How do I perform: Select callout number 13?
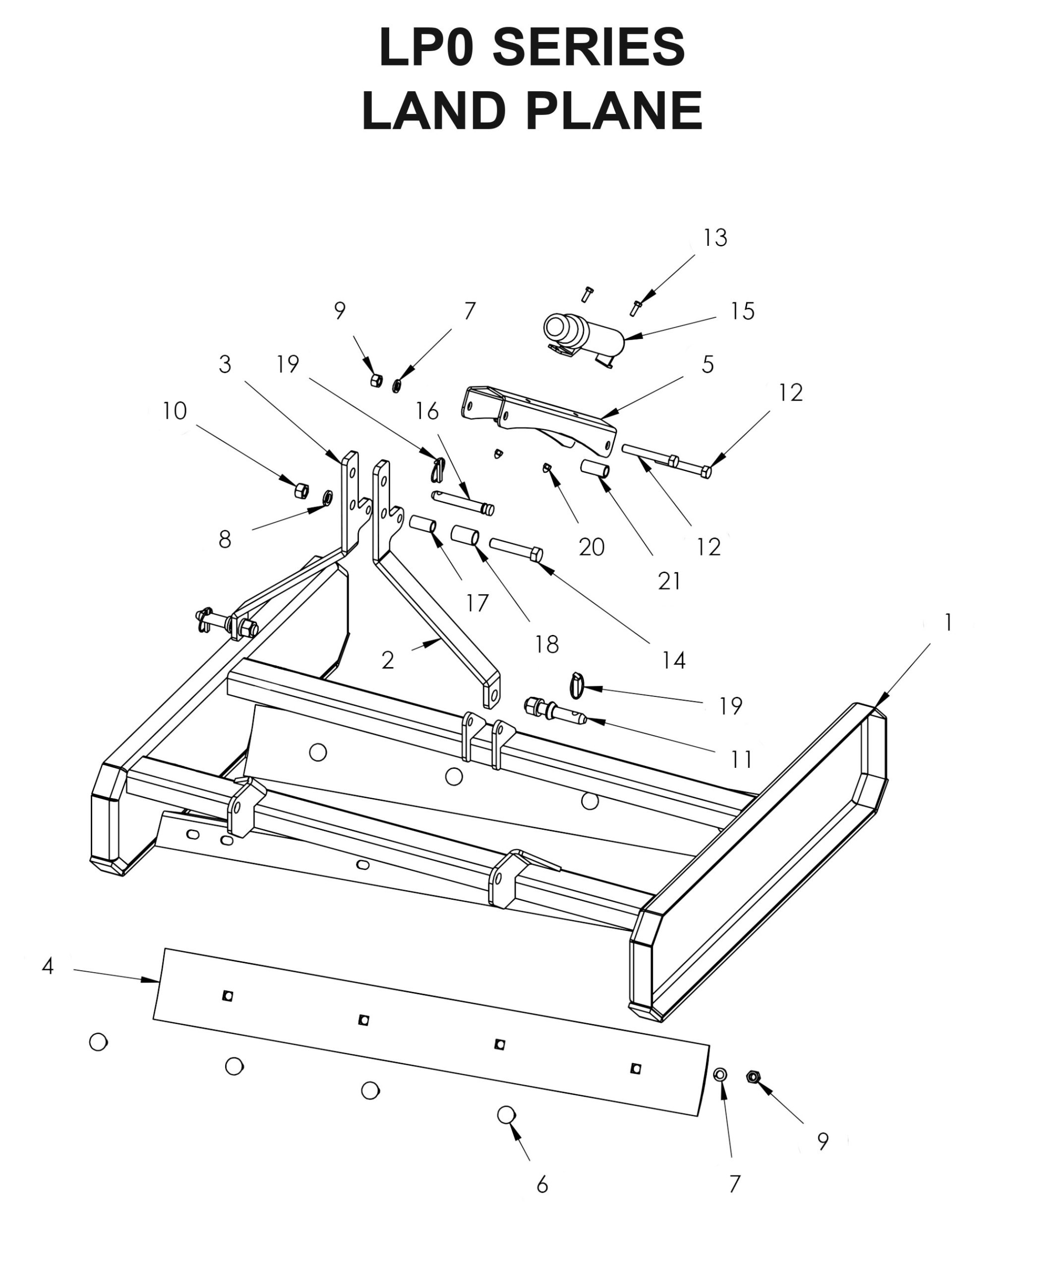point(714,238)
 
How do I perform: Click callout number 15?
point(742,311)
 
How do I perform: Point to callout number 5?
point(708,364)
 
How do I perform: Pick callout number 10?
point(174,411)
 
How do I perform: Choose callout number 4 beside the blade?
point(48,967)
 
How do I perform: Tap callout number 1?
point(948,623)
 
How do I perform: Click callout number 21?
point(669,581)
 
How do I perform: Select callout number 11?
point(741,759)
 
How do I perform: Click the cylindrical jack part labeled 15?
point(584,337)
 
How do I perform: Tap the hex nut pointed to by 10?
point(301,490)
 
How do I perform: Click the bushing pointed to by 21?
point(595,468)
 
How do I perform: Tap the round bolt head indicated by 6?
point(506,1114)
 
